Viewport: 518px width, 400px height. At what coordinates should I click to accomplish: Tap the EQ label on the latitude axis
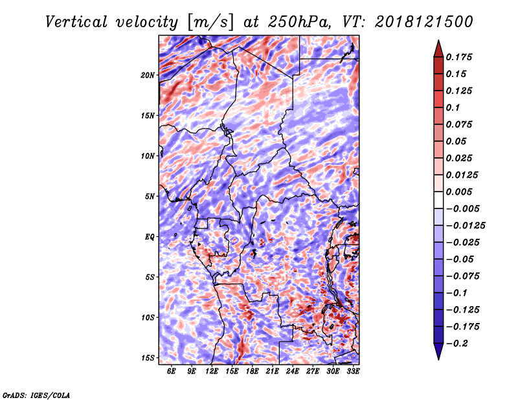click(x=150, y=237)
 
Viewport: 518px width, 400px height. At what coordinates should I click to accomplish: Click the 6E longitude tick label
click(x=172, y=372)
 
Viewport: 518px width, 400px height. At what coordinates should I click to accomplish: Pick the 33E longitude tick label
click(x=353, y=372)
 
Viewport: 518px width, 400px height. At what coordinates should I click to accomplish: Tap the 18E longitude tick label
click(x=253, y=372)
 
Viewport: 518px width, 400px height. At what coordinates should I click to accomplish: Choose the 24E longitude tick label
click(x=293, y=372)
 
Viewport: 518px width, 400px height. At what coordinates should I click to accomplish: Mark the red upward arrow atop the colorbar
click(x=438, y=48)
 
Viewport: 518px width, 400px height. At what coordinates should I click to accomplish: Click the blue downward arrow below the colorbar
click(x=438, y=351)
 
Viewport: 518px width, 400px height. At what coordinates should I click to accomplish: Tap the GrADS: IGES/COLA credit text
click(x=36, y=394)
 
